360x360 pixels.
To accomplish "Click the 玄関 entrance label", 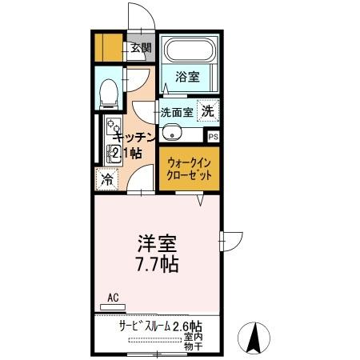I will [x=141, y=47].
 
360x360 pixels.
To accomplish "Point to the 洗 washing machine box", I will [x=207, y=111].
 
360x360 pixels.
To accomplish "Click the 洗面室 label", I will [x=176, y=112].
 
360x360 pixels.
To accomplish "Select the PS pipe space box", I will [x=212, y=136].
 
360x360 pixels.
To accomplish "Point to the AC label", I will [x=113, y=298].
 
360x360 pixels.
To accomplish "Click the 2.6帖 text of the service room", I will [x=186, y=326].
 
